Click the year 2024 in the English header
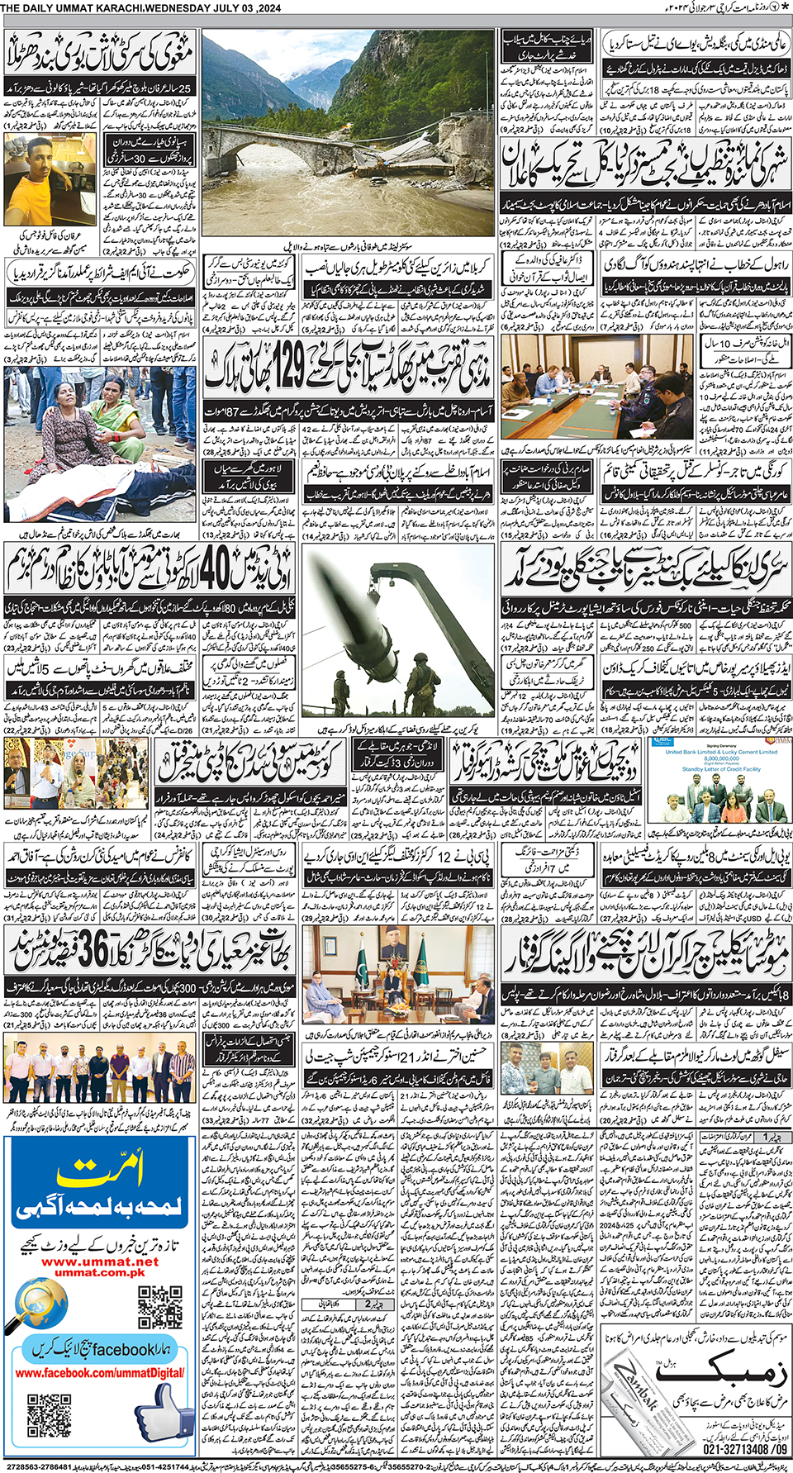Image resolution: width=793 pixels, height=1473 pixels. point(266,8)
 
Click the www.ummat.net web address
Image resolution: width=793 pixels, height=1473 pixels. point(100,1262)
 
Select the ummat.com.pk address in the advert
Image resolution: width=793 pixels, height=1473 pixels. point(100,1272)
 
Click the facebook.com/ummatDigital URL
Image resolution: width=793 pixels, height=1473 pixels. point(99,1373)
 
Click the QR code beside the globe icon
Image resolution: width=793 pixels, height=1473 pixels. point(159,1306)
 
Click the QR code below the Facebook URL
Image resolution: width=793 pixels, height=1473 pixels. point(49,1415)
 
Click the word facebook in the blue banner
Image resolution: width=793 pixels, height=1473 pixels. point(123,1350)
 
